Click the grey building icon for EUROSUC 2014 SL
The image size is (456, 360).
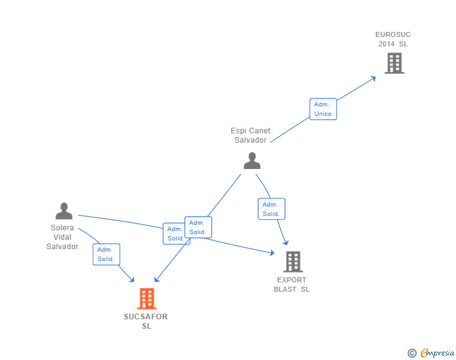click(394, 63)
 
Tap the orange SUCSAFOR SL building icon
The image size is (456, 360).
click(146, 299)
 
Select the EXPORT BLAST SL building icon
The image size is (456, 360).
click(293, 262)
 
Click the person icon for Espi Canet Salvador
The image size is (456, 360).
click(252, 161)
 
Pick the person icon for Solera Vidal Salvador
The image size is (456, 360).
click(64, 211)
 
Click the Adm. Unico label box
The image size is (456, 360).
click(323, 109)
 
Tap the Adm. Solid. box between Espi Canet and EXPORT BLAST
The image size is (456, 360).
click(271, 209)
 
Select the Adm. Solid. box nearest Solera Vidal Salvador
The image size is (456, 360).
click(106, 254)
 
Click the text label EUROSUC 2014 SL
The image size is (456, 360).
click(393, 39)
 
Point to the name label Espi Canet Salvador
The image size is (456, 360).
click(251, 135)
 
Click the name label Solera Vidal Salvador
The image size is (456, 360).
click(62, 237)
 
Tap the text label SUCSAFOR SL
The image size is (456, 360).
click(146, 321)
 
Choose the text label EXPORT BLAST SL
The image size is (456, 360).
click(292, 285)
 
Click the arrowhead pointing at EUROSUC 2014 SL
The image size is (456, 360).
click(373, 78)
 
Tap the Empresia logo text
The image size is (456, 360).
click(437, 353)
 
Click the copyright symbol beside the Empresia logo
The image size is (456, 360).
click(412, 353)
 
